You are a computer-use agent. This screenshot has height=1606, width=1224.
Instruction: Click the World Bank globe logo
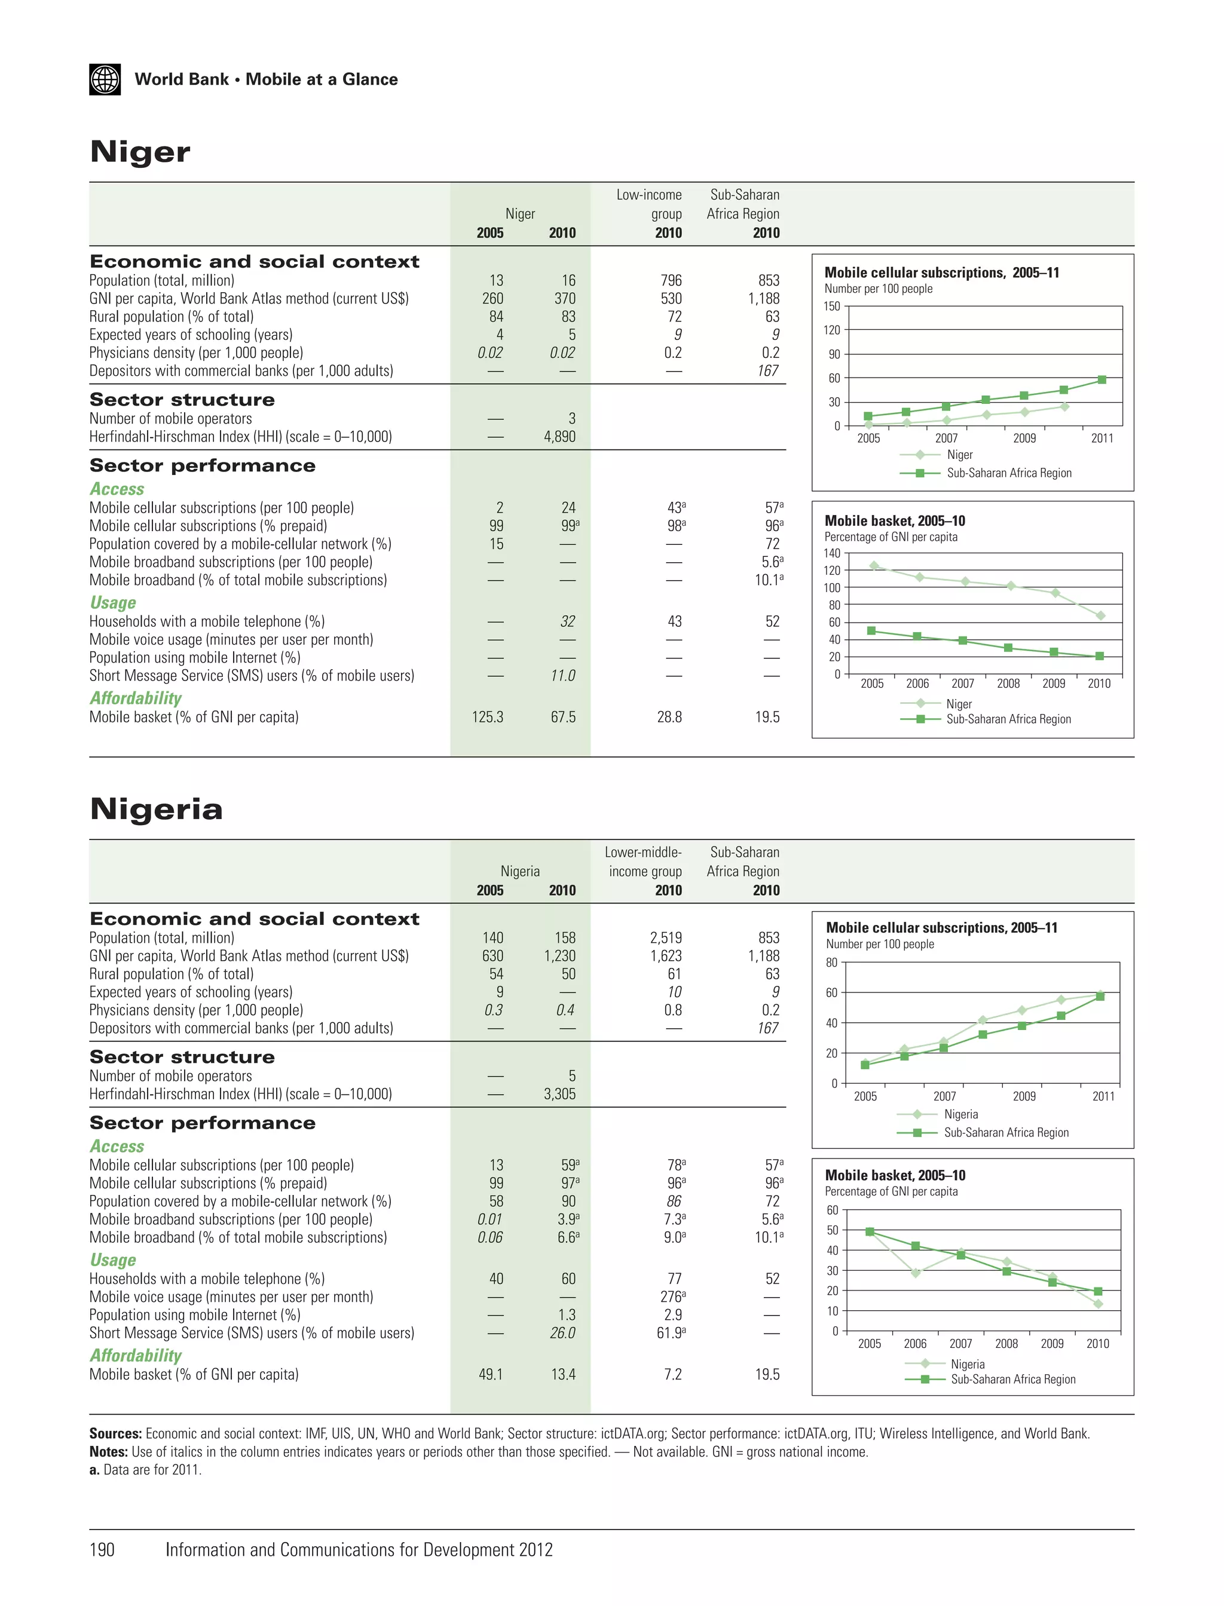[x=105, y=79]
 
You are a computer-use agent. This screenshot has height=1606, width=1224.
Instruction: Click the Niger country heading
[x=140, y=152]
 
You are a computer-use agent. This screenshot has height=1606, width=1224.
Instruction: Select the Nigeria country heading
[x=156, y=809]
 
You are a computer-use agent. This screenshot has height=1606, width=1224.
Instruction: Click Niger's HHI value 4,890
[x=559, y=437]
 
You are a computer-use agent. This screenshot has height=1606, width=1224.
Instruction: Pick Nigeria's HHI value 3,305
[x=559, y=1094]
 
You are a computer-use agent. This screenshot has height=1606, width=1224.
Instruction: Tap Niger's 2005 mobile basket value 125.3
[x=488, y=718]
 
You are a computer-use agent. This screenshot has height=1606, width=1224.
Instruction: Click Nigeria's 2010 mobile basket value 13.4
[x=563, y=1374]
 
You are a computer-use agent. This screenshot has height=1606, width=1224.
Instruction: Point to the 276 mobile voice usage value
[x=671, y=1297]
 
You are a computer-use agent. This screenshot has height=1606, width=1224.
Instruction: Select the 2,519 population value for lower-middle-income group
[x=666, y=938]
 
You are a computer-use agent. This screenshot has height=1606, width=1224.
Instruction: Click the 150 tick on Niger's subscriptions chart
[x=831, y=307]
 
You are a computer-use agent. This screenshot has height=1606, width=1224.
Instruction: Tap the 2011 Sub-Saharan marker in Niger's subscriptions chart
[x=1101, y=379]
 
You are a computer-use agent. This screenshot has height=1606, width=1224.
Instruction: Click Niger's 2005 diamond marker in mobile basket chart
[x=874, y=565]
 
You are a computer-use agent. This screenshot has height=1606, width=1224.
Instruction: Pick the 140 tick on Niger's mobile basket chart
[x=832, y=553]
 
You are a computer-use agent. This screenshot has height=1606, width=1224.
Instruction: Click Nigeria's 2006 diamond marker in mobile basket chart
[x=916, y=1273]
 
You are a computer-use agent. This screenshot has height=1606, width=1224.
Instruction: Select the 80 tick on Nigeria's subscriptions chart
[x=831, y=963]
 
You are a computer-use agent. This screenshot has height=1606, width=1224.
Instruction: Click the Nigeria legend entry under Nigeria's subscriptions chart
[x=960, y=1114]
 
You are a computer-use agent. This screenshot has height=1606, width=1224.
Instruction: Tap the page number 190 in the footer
[x=102, y=1550]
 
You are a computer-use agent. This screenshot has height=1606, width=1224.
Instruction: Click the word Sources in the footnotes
[x=115, y=1433]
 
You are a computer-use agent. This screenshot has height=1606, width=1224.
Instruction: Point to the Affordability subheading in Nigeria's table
[x=136, y=1356]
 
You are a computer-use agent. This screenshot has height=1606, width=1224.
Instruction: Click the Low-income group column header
[x=649, y=205]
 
